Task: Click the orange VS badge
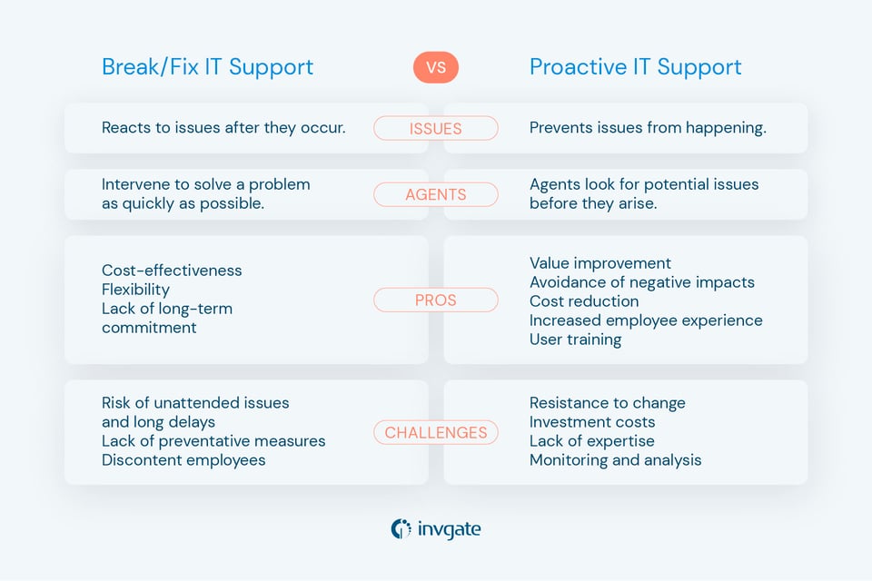pyautogui.click(x=436, y=67)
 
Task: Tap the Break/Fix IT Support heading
pyautogui.click(x=207, y=67)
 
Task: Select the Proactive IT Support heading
pyautogui.click(x=635, y=67)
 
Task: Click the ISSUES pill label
pyautogui.click(x=436, y=129)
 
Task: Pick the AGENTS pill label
pyautogui.click(x=436, y=194)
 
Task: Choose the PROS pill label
pyautogui.click(x=436, y=300)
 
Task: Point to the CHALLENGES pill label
pyautogui.click(x=436, y=433)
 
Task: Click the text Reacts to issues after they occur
pyautogui.click(x=223, y=128)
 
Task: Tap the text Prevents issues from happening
pyautogui.click(x=648, y=128)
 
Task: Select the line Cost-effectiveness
pyautogui.click(x=172, y=271)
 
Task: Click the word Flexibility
pyautogui.click(x=135, y=290)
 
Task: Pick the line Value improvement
pyautogui.click(x=600, y=263)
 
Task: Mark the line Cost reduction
pyautogui.click(x=584, y=301)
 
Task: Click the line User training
pyautogui.click(x=575, y=340)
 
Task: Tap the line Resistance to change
pyautogui.click(x=607, y=403)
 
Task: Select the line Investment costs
pyautogui.click(x=591, y=422)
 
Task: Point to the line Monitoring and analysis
pyautogui.click(x=615, y=460)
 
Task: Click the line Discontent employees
pyautogui.click(x=183, y=460)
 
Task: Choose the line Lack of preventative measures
pyautogui.click(x=213, y=441)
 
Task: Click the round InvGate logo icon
pyautogui.click(x=401, y=528)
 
